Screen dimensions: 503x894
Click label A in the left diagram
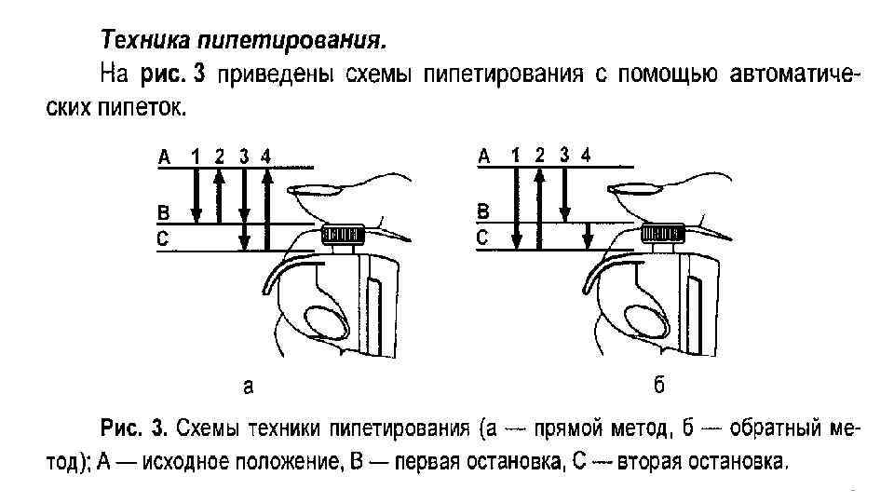164,157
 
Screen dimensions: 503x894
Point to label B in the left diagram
163,213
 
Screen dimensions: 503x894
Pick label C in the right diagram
482,238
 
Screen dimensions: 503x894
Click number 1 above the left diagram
196,156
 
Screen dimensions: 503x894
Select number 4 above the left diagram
266,156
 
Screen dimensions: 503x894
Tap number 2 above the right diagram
540,154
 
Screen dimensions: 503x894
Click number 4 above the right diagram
585,154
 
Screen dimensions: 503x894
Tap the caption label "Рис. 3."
134,429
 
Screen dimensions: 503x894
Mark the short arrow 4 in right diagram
586,237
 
